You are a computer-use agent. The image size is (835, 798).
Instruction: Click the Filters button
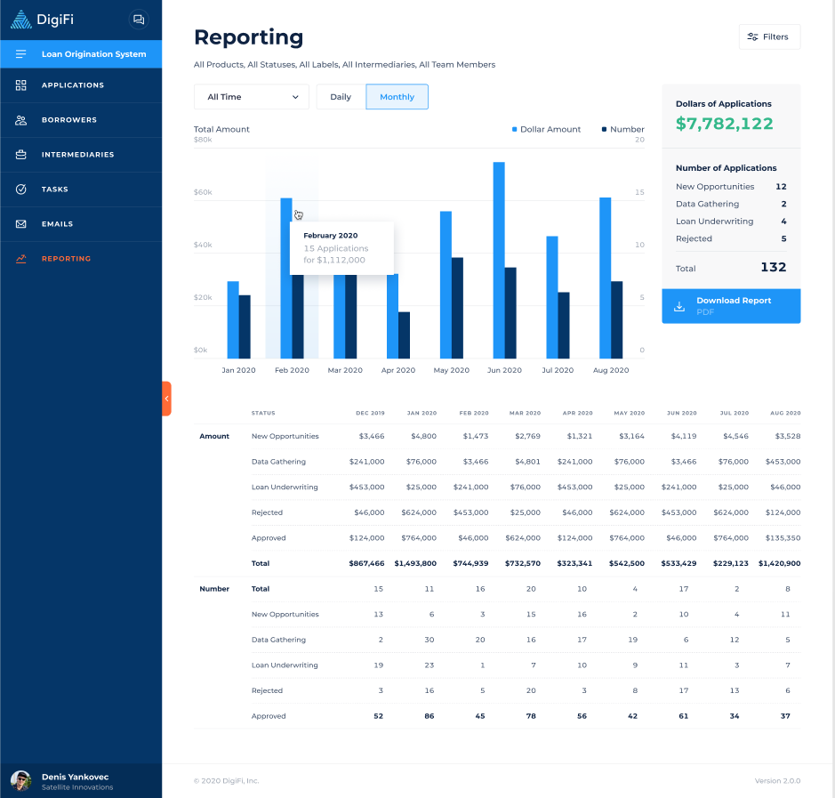pos(769,36)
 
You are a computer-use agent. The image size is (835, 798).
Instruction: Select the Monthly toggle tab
pos(397,97)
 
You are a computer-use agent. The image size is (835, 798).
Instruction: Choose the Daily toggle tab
pos(341,97)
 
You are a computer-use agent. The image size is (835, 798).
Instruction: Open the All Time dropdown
pos(252,97)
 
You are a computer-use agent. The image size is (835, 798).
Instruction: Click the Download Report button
pos(731,305)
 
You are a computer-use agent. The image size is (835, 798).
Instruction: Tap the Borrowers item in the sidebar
pos(69,120)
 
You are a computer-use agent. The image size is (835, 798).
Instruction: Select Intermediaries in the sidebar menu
pos(78,155)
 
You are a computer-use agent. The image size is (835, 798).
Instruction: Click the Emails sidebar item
pos(57,224)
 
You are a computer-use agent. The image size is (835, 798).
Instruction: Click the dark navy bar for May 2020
pos(457,308)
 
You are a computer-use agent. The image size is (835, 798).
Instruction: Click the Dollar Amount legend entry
pos(546,130)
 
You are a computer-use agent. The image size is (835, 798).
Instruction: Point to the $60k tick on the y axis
pos(203,193)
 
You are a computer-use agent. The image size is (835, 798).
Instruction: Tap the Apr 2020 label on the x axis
pos(398,370)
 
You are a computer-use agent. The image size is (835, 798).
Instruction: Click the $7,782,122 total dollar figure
pos(724,125)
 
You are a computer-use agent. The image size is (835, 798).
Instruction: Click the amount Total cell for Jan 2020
pos(415,563)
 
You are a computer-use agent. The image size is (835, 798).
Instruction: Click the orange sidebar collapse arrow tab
pos(166,399)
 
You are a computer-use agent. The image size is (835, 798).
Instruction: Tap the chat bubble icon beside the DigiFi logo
pos(138,19)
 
